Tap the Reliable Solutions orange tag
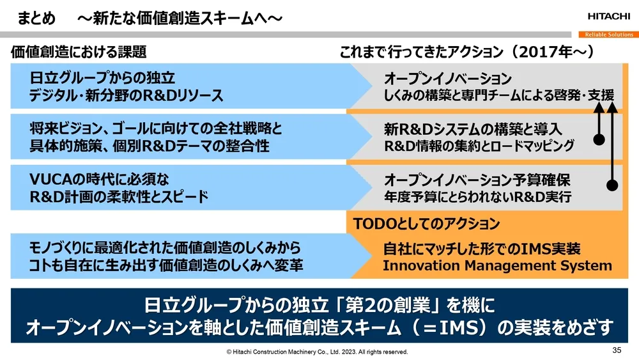click(x=609, y=35)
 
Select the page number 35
click(x=617, y=350)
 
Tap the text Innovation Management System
click(x=497, y=266)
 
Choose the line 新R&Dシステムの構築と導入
click(x=473, y=129)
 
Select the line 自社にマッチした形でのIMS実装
click(x=482, y=249)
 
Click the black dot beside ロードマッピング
click(x=599, y=139)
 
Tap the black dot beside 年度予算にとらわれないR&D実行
click(x=613, y=185)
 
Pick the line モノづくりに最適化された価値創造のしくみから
click(x=166, y=247)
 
